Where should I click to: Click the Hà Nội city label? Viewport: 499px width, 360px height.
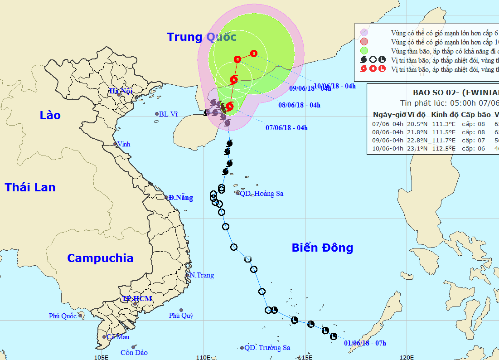tap(120, 91)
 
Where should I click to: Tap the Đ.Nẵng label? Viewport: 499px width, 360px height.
tap(180, 198)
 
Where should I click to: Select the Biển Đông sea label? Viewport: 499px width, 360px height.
tap(322, 248)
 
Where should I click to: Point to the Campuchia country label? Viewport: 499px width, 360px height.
tap(100, 258)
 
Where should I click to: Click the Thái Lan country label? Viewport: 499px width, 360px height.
tap(30, 187)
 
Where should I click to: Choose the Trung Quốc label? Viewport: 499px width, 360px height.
tap(202, 37)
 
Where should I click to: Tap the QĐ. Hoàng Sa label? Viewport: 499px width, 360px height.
tap(262, 194)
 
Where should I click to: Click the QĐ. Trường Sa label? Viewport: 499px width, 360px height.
tap(267, 348)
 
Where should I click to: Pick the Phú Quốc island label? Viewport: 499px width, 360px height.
tap(63, 316)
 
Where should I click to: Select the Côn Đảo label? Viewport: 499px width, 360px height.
tap(134, 352)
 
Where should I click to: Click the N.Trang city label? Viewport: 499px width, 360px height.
tap(202, 275)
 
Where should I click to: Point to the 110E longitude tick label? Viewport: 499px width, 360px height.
tap(203, 357)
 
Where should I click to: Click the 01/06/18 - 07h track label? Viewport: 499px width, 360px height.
tap(365, 343)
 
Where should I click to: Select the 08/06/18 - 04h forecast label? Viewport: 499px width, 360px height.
tap(299, 105)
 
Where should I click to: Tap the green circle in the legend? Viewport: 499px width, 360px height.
tap(363, 50)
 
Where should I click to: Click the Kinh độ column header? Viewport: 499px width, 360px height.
tap(444, 114)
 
